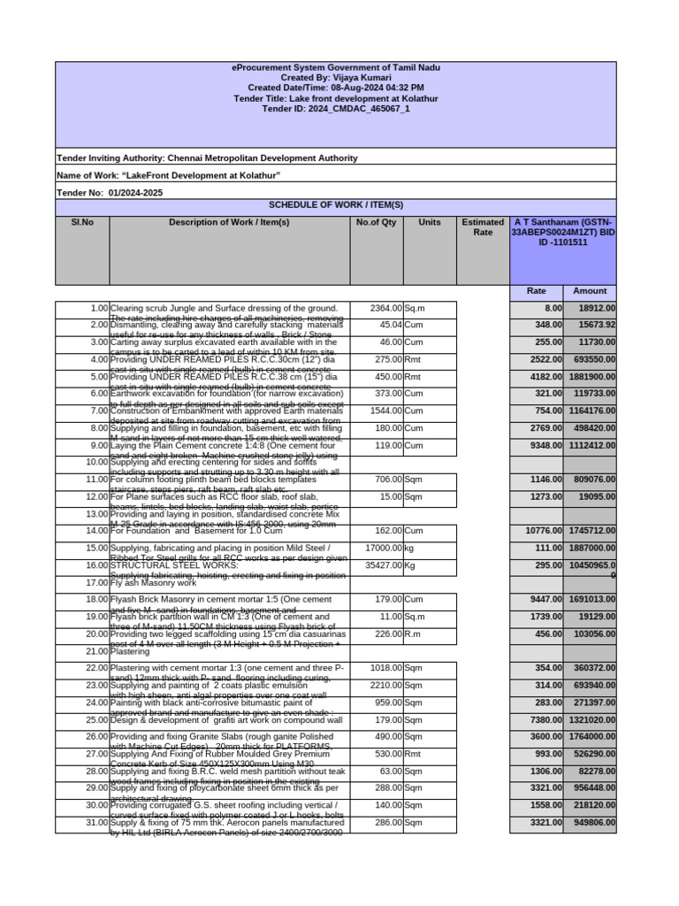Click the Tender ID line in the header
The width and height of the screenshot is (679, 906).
click(x=336, y=109)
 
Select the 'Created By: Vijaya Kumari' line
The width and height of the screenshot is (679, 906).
click(x=336, y=78)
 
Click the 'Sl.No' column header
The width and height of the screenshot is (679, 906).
click(x=81, y=222)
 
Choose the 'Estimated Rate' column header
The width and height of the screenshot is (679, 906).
click(x=483, y=227)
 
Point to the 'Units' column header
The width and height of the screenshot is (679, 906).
click(x=430, y=222)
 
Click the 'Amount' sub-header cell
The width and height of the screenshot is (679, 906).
click(x=590, y=290)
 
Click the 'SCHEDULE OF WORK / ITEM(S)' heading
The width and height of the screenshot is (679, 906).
click(x=336, y=204)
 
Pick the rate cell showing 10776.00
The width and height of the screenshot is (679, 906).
click(x=537, y=531)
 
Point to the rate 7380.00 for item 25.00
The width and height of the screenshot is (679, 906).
click(x=537, y=719)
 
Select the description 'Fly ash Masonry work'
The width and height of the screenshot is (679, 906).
click(x=153, y=583)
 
